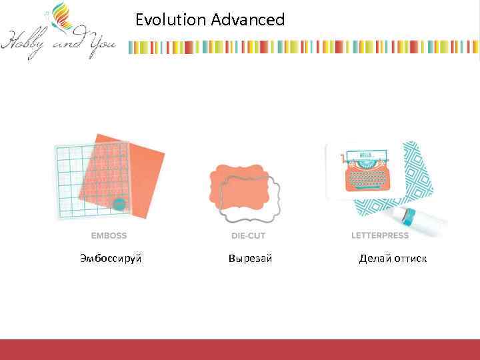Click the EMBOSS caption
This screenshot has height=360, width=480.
pyautogui.click(x=109, y=235)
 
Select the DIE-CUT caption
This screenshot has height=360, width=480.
pyautogui.click(x=248, y=235)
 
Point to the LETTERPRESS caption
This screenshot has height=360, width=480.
pyautogui.click(x=381, y=235)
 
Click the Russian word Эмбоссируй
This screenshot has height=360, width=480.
pyautogui.click(x=111, y=258)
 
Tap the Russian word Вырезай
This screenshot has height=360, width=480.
pyautogui.click(x=250, y=258)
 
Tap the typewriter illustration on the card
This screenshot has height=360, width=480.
pyautogui.click(x=365, y=177)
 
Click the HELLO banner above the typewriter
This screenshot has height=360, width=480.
pyautogui.click(x=366, y=155)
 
